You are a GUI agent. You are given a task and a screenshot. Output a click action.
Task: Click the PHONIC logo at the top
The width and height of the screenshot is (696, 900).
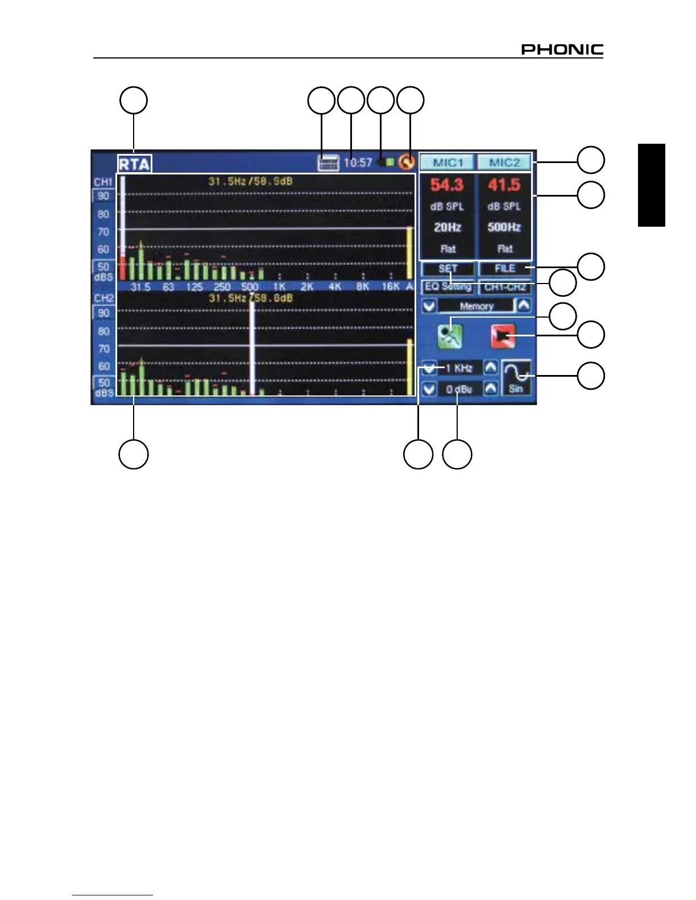[562, 49]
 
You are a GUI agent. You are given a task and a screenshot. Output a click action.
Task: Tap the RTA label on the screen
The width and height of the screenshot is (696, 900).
[134, 164]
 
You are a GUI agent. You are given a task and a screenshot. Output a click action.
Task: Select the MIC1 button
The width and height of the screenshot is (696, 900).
[448, 163]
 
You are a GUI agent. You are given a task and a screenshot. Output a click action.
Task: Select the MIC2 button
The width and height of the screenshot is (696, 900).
[504, 163]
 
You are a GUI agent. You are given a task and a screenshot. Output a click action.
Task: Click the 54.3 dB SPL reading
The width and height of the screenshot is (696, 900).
[447, 185]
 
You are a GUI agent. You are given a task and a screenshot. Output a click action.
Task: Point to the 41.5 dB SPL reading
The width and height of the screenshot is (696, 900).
[504, 185]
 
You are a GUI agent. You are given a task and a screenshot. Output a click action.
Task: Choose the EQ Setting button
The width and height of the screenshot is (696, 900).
[448, 287]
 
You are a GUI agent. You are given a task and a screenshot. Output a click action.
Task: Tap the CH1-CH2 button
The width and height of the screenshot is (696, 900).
[505, 287]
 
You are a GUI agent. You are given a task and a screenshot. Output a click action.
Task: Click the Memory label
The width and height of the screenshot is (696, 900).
[477, 306]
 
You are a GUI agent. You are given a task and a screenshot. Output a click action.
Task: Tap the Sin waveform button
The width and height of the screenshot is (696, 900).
[516, 377]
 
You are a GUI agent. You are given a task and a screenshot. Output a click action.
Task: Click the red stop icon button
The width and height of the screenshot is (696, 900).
[503, 336]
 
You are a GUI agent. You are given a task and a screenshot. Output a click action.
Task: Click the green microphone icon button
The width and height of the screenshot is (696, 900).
[450, 336]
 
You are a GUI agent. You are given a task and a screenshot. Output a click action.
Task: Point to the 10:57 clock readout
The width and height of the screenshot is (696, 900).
[358, 163]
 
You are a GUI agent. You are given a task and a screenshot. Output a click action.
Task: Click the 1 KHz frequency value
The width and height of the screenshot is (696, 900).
[459, 368]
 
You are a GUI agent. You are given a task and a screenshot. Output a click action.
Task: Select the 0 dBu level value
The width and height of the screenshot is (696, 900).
[459, 389]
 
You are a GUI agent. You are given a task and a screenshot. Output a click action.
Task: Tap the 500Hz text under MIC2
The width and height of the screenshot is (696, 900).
[504, 227]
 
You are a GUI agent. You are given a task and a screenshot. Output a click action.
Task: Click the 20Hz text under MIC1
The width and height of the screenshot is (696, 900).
[448, 227]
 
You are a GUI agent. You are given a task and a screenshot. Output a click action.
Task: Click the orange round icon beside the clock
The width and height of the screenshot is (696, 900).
[406, 163]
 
